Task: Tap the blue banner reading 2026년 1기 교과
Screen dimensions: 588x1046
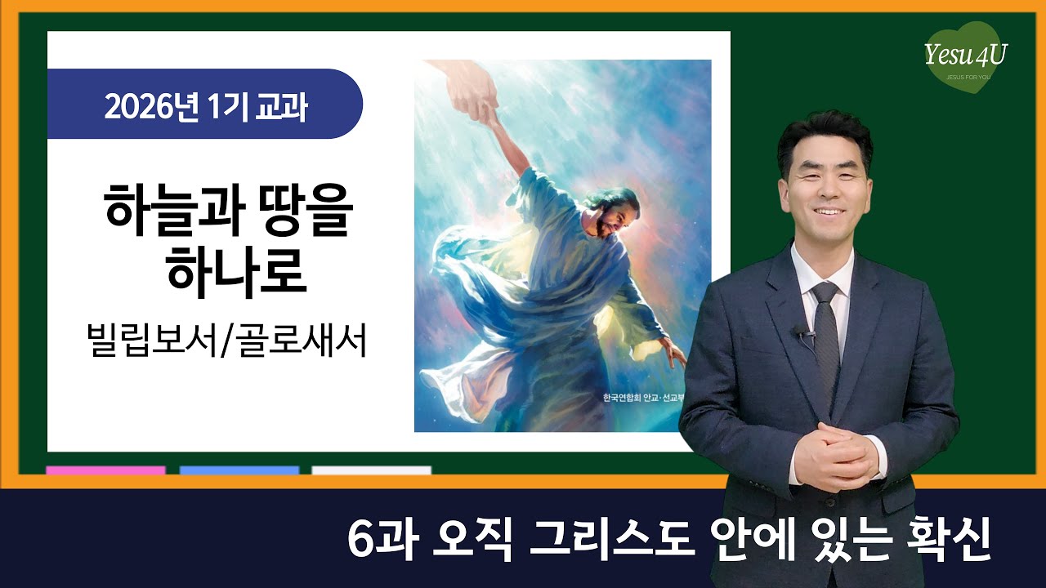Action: (x=204, y=105)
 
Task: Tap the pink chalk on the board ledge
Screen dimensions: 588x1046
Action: (x=105, y=470)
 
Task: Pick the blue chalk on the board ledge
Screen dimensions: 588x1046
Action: (x=239, y=470)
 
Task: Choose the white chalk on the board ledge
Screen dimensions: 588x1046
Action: (x=371, y=470)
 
